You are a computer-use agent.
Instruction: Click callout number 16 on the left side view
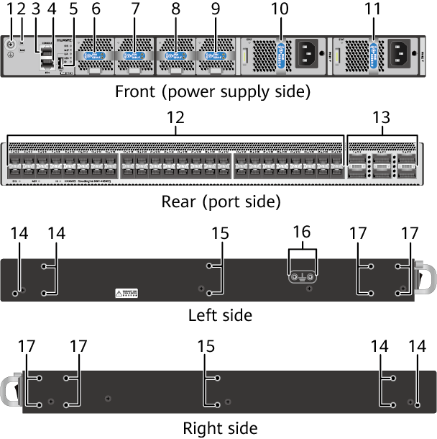pyautogui.click(x=303, y=232)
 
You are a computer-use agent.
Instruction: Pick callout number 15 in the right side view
pyautogui.click(x=206, y=347)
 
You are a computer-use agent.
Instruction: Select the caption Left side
pyautogui.click(x=219, y=314)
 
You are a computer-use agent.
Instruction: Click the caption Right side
pyautogui.click(x=220, y=428)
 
